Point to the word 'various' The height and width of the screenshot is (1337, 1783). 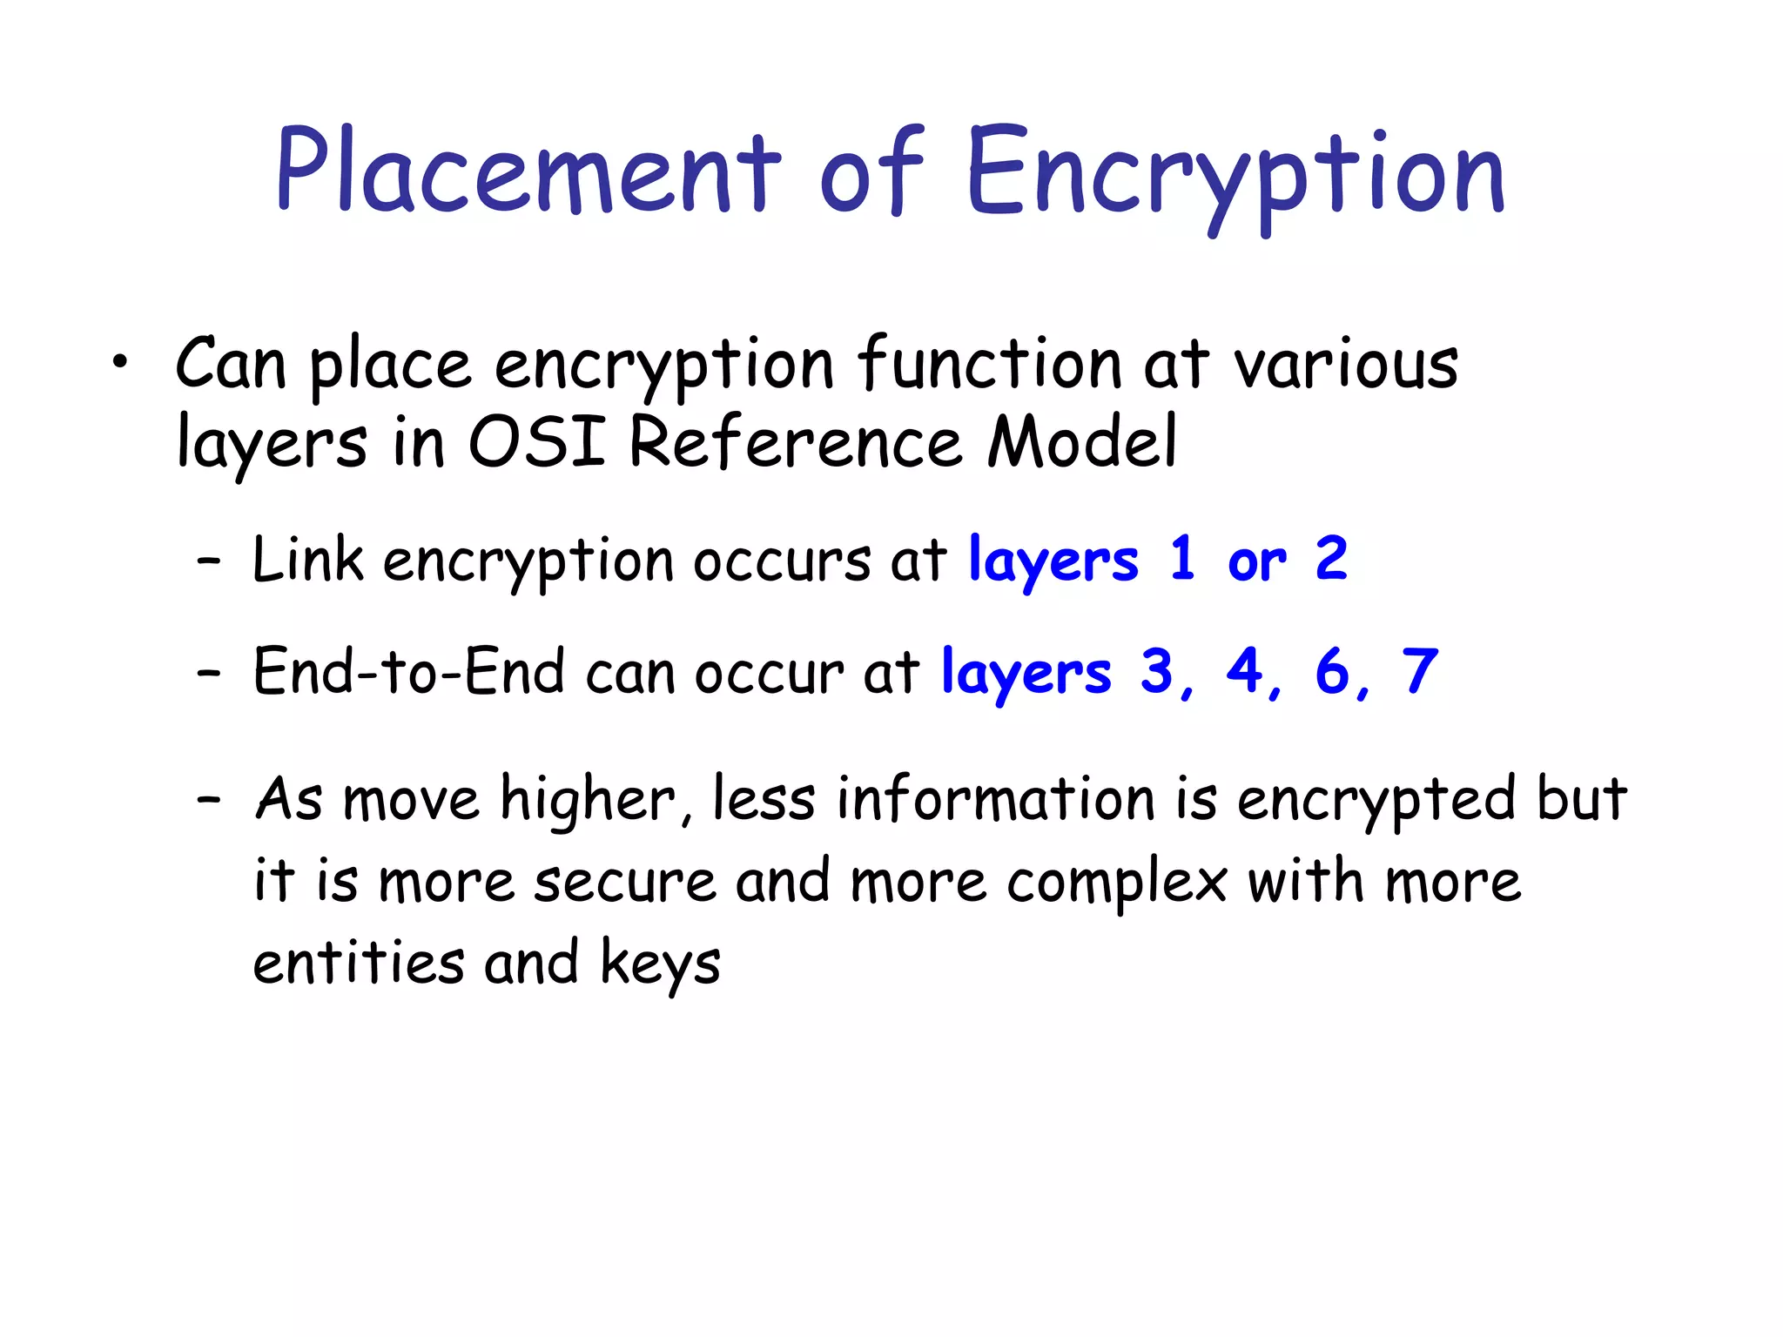(1345, 366)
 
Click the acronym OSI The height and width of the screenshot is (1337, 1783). (536, 441)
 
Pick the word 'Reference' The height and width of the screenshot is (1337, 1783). (796, 441)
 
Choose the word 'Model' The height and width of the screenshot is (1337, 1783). (1082, 441)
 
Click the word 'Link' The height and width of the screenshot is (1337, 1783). (307, 559)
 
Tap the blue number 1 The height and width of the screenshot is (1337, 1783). (1181, 559)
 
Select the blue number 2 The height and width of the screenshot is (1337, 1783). (1331, 559)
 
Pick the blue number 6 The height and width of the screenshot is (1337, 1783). (1332, 672)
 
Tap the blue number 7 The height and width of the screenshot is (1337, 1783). (1419, 672)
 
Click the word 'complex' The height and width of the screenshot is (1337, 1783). (1117, 883)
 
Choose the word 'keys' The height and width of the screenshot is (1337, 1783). (660, 964)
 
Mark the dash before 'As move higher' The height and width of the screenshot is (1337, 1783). (209, 798)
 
